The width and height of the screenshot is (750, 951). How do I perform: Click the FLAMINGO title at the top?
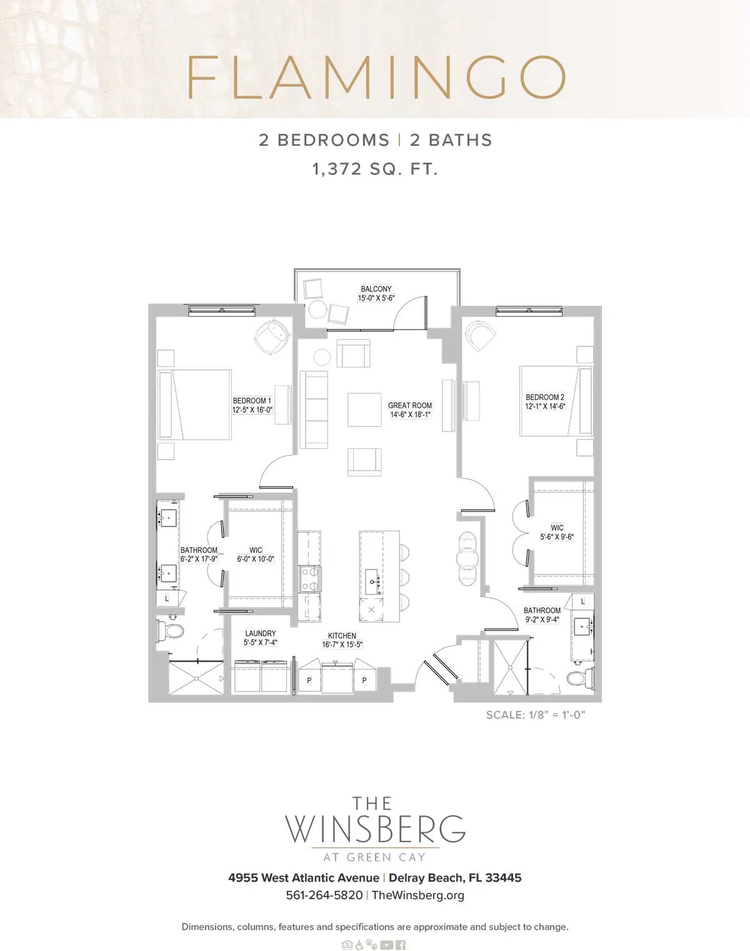pyautogui.click(x=376, y=77)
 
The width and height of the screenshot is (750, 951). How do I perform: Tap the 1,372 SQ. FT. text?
pyautogui.click(x=375, y=169)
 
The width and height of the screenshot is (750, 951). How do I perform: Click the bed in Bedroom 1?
pyautogui.click(x=195, y=405)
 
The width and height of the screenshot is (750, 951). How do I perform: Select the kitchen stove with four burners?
pyautogui.click(x=309, y=578)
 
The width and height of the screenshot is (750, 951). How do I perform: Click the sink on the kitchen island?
pyautogui.click(x=372, y=581)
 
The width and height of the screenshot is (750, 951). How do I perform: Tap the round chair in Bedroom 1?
pyautogui.click(x=271, y=338)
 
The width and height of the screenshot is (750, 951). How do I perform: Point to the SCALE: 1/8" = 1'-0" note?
pyautogui.click(x=535, y=715)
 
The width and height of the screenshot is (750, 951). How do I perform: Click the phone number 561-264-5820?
pyautogui.click(x=324, y=895)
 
